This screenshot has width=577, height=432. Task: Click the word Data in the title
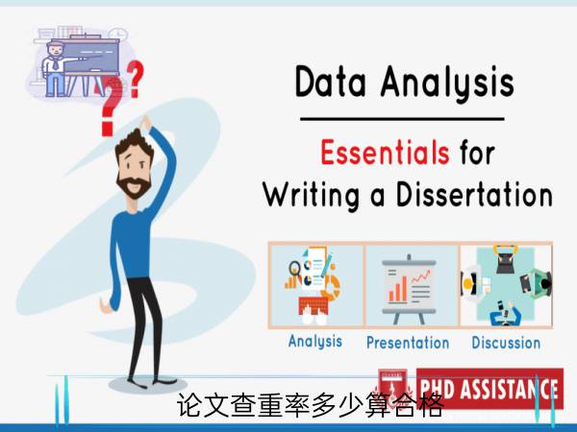(331, 82)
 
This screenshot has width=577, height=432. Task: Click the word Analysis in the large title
(447, 84)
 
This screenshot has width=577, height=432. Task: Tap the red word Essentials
(385, 152)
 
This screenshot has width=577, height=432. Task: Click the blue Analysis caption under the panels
(315, 342)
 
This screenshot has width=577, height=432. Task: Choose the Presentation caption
(408, 343)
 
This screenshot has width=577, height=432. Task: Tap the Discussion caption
(506, 343)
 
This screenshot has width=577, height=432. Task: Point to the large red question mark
(112, 107)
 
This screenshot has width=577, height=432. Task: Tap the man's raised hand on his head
(146, 123)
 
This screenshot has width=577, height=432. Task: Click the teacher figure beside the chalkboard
(54, 69)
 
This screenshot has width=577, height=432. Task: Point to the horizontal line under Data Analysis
(402, 119)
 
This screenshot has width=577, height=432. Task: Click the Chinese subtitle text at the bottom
(310, 405)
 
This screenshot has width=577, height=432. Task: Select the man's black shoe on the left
(138, 384)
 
